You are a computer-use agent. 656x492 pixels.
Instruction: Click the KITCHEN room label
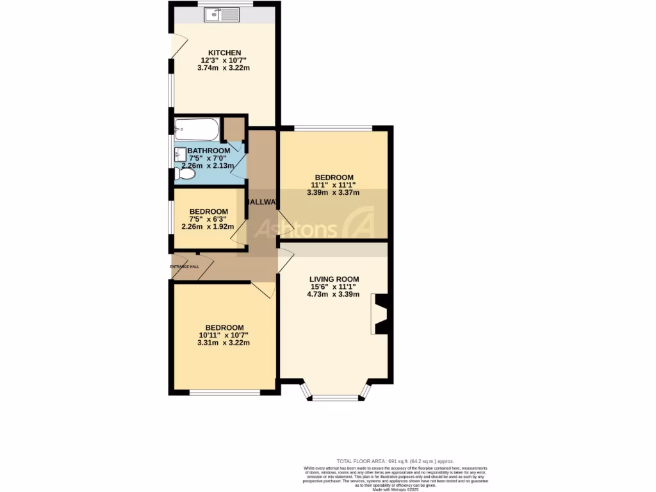(224, 53)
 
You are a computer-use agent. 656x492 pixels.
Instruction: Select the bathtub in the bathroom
(197, 129)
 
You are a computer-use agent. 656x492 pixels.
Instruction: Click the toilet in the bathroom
(184, 173)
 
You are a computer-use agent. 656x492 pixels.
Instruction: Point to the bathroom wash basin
(179, 154)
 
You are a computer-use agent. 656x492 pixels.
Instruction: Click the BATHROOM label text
(208, 151)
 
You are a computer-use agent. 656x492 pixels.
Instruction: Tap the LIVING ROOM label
(334, 279)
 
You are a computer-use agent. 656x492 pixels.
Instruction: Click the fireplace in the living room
(381, 314)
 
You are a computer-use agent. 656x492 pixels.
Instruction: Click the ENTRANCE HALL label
(184, 266)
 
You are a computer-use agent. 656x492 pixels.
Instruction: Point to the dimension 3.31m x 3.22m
(224, 343)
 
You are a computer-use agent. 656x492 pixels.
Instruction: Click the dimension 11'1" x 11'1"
(333, 184)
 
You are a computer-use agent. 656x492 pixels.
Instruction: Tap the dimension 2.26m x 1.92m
(208, 226)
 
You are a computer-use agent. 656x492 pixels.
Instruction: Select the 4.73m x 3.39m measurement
(334, 295)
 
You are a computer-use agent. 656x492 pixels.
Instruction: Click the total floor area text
(395, 461)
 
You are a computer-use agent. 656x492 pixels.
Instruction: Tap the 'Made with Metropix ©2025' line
(395, 489)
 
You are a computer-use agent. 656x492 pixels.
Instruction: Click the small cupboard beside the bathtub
(234, 129)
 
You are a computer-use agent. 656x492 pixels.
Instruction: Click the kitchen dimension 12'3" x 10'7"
(224, 60)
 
